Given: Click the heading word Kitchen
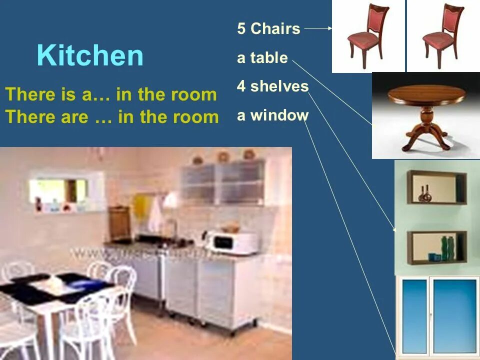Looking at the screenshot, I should pyautogui.click(x=90, y=55).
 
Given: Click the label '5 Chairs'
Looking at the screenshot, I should pyautogui.click(x=268, y=28).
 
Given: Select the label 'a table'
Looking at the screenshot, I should pyautogui.click(x=262, y=58).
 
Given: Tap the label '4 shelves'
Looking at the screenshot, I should pyautogui.click(x=272, y=86).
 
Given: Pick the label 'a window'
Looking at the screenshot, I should pyautogui.click(x=272, y=115).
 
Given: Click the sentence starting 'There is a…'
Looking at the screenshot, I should pyautogui.click(x=111, y=94).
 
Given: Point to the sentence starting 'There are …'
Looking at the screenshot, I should pyautogui.click(x=112, y=117).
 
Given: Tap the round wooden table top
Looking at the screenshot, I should pyautogui.click(x=426, y=94).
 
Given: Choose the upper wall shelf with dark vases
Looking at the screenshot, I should pyautogui.click(x=436, y=187).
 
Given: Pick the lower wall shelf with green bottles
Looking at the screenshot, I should pyautogui.click(x=436, y=247).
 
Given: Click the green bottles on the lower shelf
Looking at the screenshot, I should pyautogui.click(x=447, y=248).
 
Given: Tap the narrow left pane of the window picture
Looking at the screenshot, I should pyautogui.click(x=414, y=316).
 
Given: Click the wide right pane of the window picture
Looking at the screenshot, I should pyautogui.click(x=454, y=316).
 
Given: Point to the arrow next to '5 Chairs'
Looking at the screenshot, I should pyautogui.click(x=318, y=28).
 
